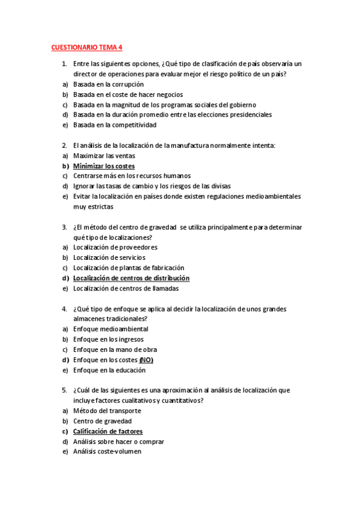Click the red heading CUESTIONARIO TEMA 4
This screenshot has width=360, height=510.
click(x=87, y=47)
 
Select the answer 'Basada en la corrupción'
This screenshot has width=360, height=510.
click(x=108, y=84)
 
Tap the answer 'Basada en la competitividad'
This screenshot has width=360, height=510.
click(x=114, y=125)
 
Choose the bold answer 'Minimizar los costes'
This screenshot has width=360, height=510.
click(x=103, y=166)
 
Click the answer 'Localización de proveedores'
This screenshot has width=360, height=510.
click(x=115, y=247)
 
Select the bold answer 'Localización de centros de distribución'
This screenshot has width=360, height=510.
click(x=131, y=278)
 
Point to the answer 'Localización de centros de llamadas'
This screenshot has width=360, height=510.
click(x=126, y=288)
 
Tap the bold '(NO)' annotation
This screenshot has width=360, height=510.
click(x=146, y=360)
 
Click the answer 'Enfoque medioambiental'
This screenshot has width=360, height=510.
click(x=111, y=329)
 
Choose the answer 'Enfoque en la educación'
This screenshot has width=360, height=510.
click(x=109, y=370)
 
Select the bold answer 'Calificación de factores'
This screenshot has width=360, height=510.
click(x=108, y=431)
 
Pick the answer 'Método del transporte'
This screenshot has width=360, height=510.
click(x=107, y=411)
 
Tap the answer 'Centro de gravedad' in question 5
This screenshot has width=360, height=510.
click(x=102, y=421)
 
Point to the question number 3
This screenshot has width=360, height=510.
click(x=64, y=227)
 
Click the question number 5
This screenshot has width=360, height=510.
click(x=64, y=390)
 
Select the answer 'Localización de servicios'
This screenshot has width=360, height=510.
click(x=109, y=257)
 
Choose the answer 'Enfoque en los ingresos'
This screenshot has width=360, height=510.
click(x=108, y=339)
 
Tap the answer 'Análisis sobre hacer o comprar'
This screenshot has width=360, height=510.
click(x=118, y=441)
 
